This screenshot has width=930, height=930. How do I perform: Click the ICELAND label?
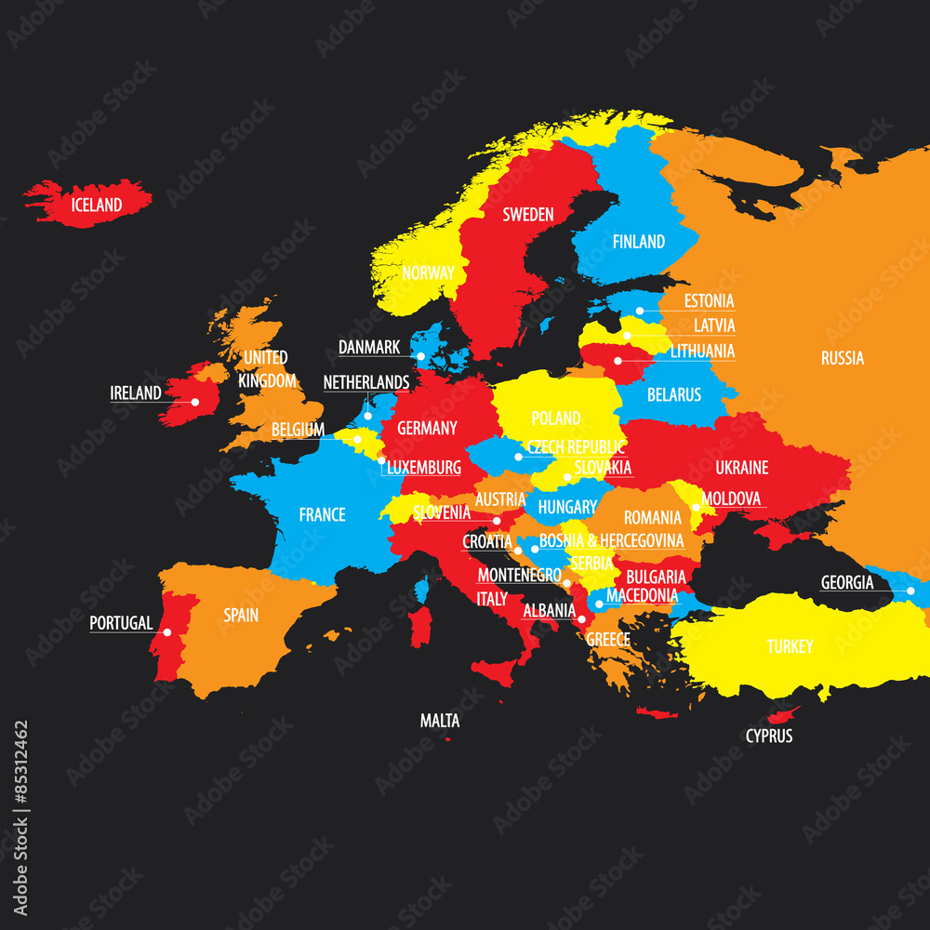click(97, 205)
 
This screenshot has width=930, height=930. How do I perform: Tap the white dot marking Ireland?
click(195, 402)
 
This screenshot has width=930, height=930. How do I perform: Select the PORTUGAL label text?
click(121, 623)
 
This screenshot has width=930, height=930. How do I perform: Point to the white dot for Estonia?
click(640, 312)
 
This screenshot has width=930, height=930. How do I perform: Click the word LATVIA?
click(714, 325)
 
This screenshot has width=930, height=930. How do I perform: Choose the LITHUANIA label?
click(702, 351)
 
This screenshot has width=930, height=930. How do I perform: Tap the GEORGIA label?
click(847, 583)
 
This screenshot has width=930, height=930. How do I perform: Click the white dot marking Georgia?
click(910, 591)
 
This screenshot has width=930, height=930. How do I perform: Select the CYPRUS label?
click(769, 736)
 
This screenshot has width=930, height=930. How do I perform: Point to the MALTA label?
click(440, 721)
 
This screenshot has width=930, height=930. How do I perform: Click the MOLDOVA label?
click(731, 499)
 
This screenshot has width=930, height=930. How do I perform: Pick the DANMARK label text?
click(369, 347)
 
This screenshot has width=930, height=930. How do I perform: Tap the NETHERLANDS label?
click(366, 382)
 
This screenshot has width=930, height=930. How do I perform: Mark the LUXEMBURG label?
click(423, 467)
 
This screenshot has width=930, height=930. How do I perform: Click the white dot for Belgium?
click(357, 439)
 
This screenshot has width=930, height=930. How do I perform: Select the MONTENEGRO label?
click(519, 575)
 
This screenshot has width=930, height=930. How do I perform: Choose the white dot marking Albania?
click(582, 618)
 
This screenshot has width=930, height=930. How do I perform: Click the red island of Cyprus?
click(783, 715)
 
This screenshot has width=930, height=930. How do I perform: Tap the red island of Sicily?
click(495, 671)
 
